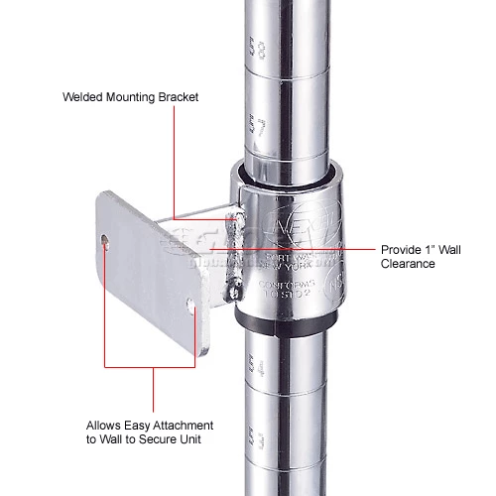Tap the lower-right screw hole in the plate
coord(191,302)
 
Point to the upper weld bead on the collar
coord(237,214)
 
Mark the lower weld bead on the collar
coord(236,289)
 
